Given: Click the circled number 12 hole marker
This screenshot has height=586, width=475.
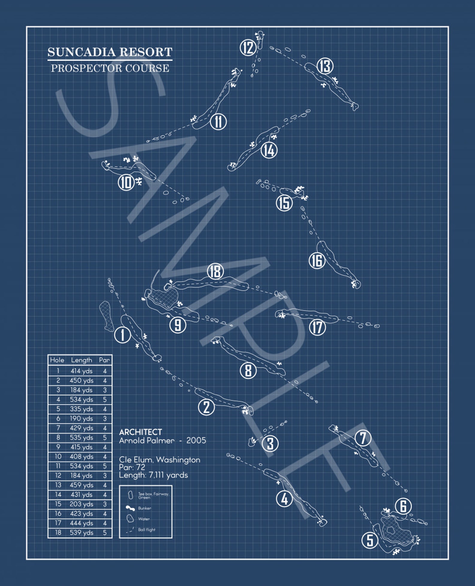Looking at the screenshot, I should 248,48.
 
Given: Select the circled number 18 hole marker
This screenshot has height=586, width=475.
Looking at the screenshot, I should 215,271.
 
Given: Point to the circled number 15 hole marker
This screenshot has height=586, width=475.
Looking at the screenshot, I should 284,203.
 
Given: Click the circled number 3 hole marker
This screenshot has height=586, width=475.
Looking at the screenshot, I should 270,443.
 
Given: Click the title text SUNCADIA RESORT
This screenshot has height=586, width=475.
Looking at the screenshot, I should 110,52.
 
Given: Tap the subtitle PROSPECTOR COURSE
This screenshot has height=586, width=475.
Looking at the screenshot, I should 110,68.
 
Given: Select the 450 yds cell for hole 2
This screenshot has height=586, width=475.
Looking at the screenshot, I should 81,380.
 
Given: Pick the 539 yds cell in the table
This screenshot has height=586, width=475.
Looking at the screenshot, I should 81,532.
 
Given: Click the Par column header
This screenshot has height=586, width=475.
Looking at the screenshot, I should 104,360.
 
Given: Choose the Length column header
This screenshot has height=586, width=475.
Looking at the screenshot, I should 81,360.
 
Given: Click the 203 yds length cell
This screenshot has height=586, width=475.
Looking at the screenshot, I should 81,504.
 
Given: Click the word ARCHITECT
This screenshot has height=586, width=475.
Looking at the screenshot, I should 140,432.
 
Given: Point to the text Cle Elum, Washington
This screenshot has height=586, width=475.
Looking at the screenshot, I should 159,460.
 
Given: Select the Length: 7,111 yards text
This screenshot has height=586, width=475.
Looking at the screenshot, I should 153,475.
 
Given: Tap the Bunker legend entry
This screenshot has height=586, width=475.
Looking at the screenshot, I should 144,508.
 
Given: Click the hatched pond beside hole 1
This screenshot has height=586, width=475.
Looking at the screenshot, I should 106,316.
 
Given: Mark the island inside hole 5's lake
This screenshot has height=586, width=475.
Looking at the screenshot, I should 390,530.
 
